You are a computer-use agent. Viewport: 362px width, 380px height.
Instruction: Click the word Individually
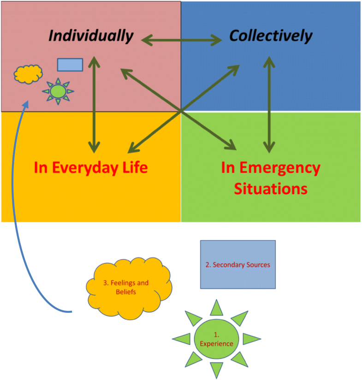point(91,36)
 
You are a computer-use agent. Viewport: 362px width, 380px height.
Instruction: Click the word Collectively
point(271,36)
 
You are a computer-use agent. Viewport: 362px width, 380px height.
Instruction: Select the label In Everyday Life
point(90,167)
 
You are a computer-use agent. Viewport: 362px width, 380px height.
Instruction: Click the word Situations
point(270,189)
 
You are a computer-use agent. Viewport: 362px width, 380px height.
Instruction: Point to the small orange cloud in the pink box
point(28,74)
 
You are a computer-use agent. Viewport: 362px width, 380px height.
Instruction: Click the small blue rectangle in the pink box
point(70,65)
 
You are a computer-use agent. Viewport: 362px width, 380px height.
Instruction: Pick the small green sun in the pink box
point(58,91)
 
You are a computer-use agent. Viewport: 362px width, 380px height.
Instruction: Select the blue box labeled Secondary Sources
point(237,265)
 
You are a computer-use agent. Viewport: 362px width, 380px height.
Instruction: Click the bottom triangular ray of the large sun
point(216,370)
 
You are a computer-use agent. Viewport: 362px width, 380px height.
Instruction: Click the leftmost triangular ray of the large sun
point(181,339)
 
